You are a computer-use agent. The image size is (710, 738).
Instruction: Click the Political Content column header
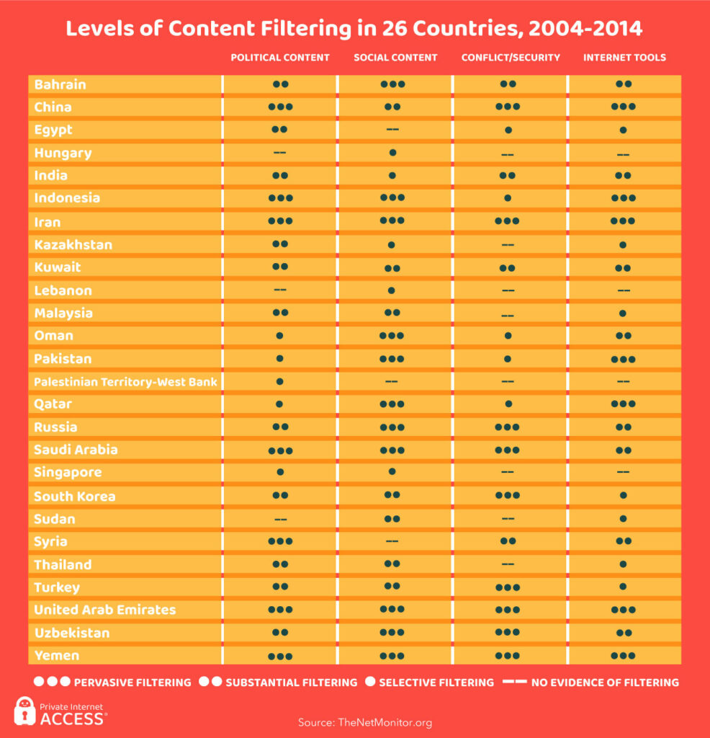pos(280,58)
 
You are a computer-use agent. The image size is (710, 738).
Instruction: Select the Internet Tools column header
pos(624,58)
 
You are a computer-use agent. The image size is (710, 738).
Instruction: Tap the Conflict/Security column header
pos(511,58)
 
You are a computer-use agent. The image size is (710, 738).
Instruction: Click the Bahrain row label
pos(60,85)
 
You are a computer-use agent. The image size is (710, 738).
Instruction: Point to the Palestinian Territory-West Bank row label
pos(125,382)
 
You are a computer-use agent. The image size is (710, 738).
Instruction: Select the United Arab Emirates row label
pos(105,610)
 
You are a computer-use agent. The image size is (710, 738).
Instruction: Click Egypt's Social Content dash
pos(392,130)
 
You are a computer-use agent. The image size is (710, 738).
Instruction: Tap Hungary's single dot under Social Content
pos(392,153)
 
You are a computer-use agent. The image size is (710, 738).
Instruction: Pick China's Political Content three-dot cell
pos(280,107)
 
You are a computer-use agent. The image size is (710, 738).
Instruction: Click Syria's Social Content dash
pos(392,541)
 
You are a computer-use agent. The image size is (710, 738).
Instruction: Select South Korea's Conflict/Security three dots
pos(508,495)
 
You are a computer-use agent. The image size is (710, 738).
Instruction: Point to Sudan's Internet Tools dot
pos(623,519)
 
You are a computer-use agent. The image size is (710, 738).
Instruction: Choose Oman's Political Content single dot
pos(279,336)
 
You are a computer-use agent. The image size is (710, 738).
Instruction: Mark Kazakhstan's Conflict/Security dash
pos(508,245)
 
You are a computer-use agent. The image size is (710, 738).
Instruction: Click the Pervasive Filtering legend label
pos(132,683)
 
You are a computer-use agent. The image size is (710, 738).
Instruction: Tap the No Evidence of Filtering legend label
pos(605,683)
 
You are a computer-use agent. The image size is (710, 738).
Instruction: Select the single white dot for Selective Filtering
pos(370,682)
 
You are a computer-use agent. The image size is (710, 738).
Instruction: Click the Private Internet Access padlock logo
pos(24,711)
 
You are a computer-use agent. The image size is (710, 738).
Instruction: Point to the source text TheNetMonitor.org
pos(385,722)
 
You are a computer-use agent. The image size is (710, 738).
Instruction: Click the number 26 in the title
pos(395,29)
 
